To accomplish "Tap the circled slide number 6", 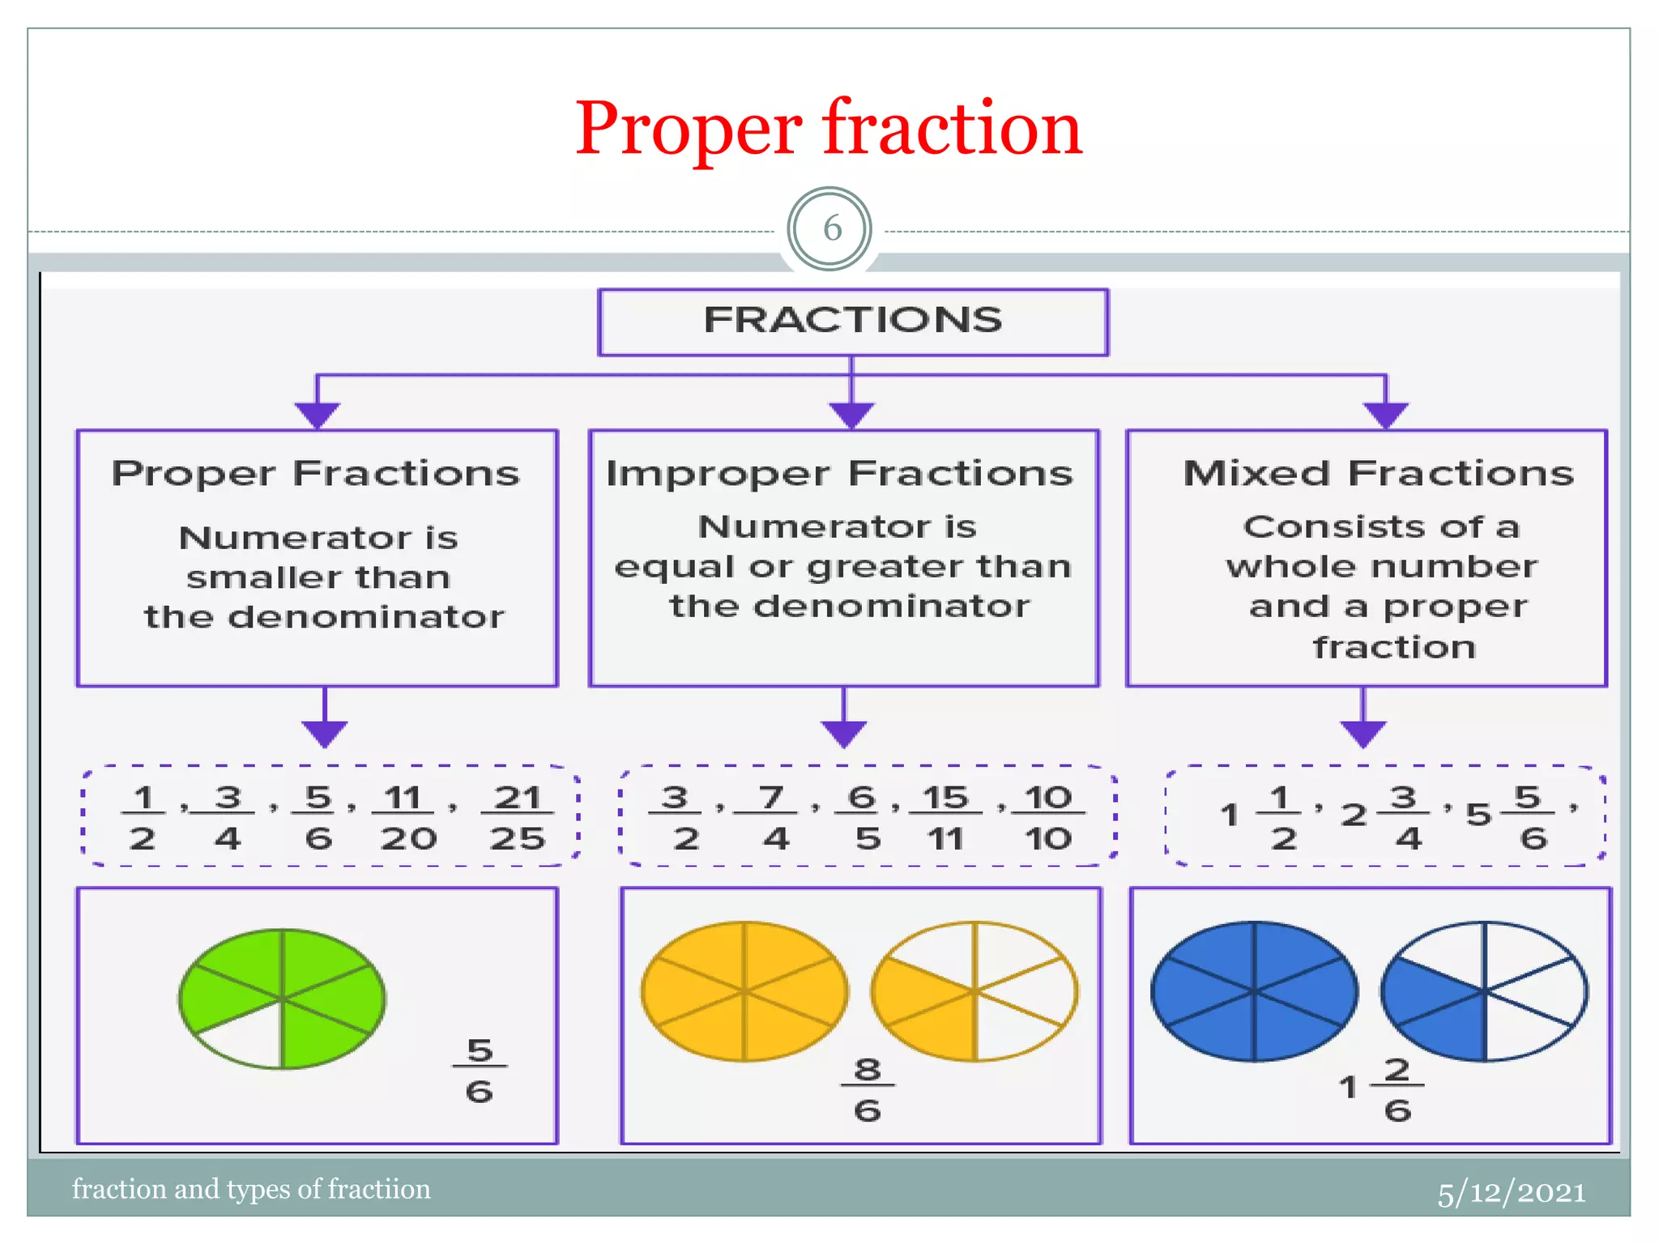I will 830,229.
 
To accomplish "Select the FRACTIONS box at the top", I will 852,322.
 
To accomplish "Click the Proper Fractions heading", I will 316,474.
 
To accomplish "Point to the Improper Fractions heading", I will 839,474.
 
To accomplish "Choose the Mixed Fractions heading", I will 1378,474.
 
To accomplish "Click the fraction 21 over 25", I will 518,817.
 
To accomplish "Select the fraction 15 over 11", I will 945,817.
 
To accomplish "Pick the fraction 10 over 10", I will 1048,817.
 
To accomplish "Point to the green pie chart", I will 282,998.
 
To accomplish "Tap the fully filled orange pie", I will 744,991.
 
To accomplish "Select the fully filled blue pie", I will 1255,991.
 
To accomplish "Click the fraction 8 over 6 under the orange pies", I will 868,1089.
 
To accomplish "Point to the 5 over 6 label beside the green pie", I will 480,1071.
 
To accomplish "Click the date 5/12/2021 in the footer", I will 1512,1193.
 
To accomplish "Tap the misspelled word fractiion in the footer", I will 379,1189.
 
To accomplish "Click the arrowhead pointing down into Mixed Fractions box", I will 1386,415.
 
